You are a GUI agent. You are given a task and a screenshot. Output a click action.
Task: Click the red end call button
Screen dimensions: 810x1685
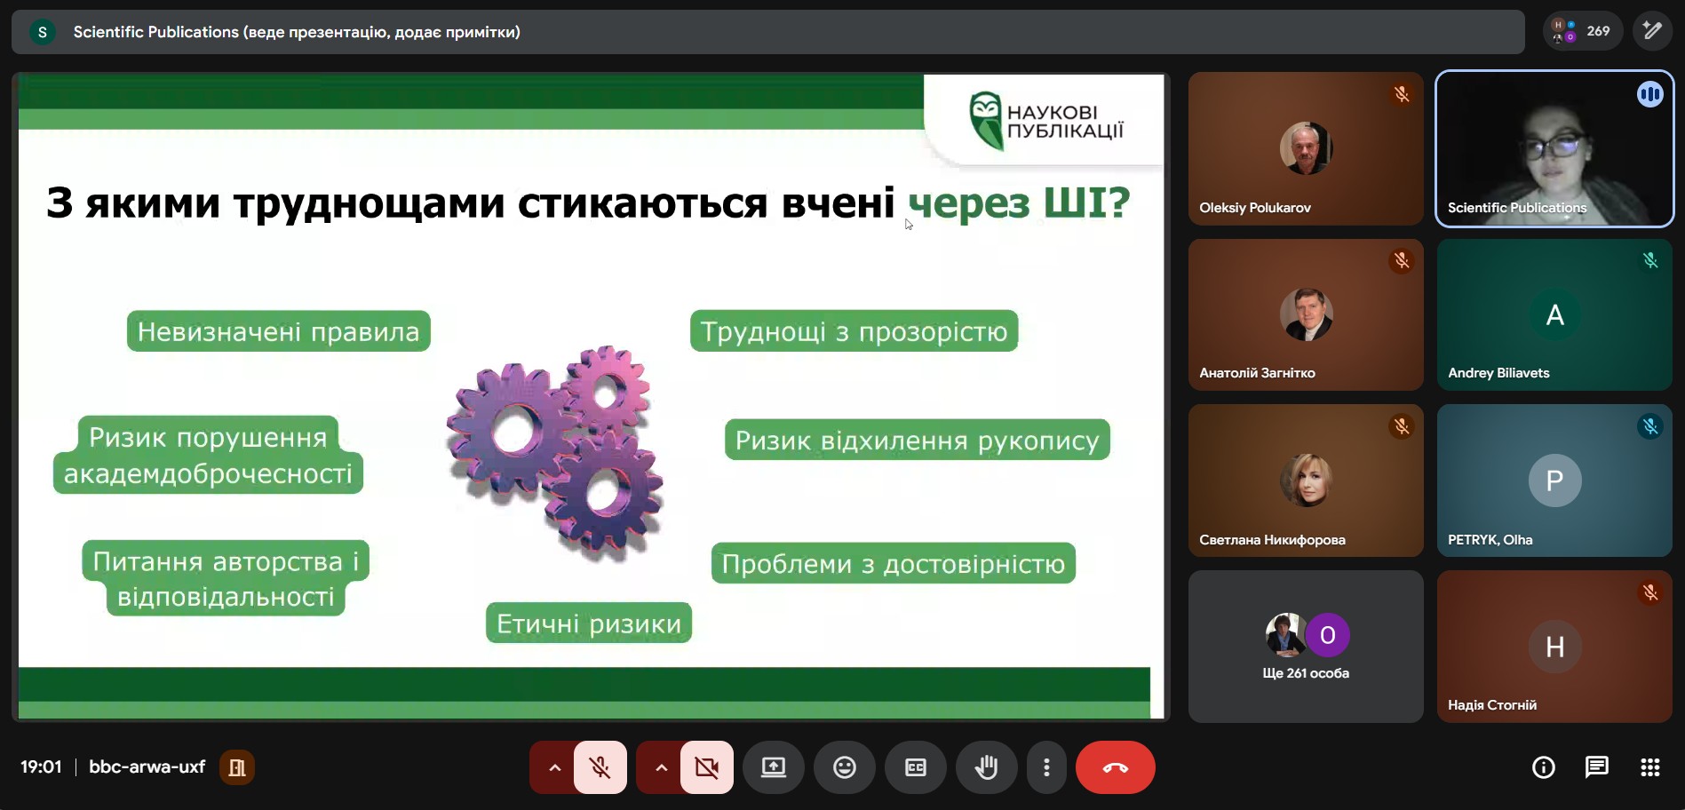click(1115, 767)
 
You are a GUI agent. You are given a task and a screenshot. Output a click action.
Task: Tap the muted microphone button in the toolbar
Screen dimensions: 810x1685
click(600, 767)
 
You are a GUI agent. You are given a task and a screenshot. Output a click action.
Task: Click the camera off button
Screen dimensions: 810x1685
click(707, 767)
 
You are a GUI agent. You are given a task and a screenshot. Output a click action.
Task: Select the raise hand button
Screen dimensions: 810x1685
click(986, 767)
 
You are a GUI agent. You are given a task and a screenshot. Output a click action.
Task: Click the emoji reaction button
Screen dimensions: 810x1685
click(845, 767)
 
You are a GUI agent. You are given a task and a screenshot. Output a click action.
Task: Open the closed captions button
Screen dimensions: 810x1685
click(916, 767)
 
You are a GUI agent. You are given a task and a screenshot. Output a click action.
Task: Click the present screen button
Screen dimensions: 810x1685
click(774, 767)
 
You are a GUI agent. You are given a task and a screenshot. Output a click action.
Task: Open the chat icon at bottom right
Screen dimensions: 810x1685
click(1596, 767)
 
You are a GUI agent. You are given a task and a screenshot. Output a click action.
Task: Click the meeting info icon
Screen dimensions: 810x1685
click(1544, 767)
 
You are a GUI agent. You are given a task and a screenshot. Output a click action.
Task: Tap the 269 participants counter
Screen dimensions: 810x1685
click(1582, 31)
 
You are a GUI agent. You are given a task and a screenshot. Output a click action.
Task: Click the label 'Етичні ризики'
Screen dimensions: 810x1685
click(588, 623)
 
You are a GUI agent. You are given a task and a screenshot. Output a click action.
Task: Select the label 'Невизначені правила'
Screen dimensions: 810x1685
click(278, 331)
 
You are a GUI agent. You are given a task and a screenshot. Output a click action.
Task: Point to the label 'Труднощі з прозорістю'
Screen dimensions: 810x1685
click(854, 331)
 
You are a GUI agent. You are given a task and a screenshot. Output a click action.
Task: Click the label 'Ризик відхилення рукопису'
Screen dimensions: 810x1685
click(917, 440)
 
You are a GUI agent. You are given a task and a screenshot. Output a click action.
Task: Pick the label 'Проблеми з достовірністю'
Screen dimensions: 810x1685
click(893, 563)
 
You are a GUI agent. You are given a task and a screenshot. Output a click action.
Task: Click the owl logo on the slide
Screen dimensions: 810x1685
click(985, 120)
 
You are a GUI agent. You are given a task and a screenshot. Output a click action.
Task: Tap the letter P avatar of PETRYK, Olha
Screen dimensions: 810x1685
click(1554, 480)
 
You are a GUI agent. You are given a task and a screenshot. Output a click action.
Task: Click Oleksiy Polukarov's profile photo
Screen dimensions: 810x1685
click(1306, 148)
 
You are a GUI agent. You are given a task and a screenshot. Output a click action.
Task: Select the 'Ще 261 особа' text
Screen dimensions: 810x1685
click(1306, 673)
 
